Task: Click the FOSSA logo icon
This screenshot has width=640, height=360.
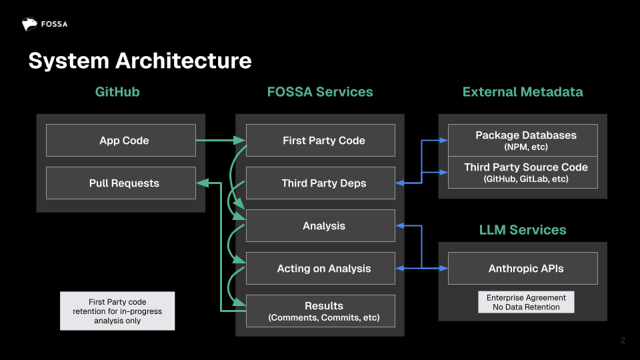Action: click(x=29, y=25)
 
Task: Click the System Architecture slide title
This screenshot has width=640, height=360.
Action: click(x=140, y=61)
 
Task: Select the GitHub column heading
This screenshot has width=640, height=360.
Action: click(x=117, y=92)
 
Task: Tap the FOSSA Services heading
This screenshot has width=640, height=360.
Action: click(x=320, y=92)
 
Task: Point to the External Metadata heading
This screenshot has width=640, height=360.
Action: click(x=523, y=92)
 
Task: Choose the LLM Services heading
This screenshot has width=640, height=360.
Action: click(x=523, y=230)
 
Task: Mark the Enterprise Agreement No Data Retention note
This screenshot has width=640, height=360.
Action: click(x=526, y=302)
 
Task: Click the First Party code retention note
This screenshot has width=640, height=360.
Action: click(x=117, y=311)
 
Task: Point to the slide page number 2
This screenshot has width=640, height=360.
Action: click(x=623, y=341)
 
